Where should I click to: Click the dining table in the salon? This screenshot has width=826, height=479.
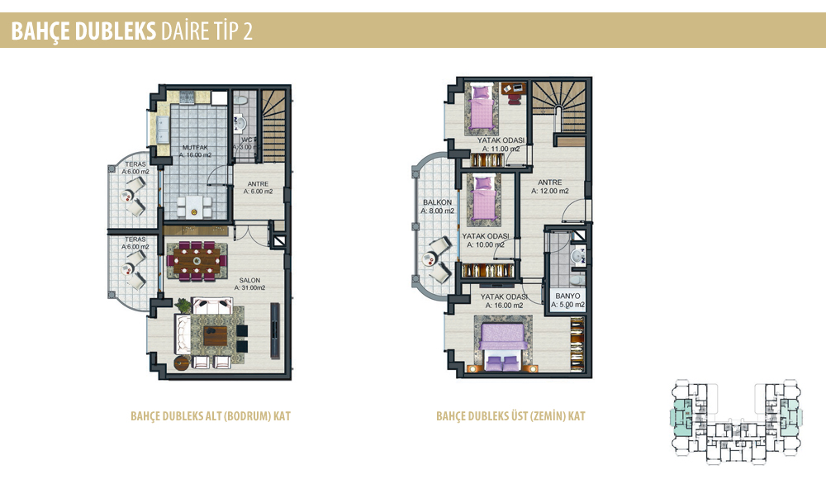(x=197, y=260)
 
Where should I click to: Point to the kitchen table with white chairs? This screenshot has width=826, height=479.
(x=194, y=206)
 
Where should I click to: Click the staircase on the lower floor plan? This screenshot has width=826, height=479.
(x=274, y=126)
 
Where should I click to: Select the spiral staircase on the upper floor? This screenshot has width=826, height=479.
(x=558, y=108)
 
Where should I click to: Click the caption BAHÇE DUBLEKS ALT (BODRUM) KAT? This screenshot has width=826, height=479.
(x=211, y=416)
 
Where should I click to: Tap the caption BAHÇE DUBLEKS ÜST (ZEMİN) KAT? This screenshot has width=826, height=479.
(x=510, y=416)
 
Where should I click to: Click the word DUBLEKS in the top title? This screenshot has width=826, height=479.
(x=116, y=31)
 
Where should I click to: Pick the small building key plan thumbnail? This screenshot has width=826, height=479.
(x=737, y=421)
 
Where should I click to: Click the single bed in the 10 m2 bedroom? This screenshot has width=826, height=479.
(x=483, y=199)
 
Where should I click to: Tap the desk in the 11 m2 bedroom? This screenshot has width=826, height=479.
(x=513, y=88)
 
